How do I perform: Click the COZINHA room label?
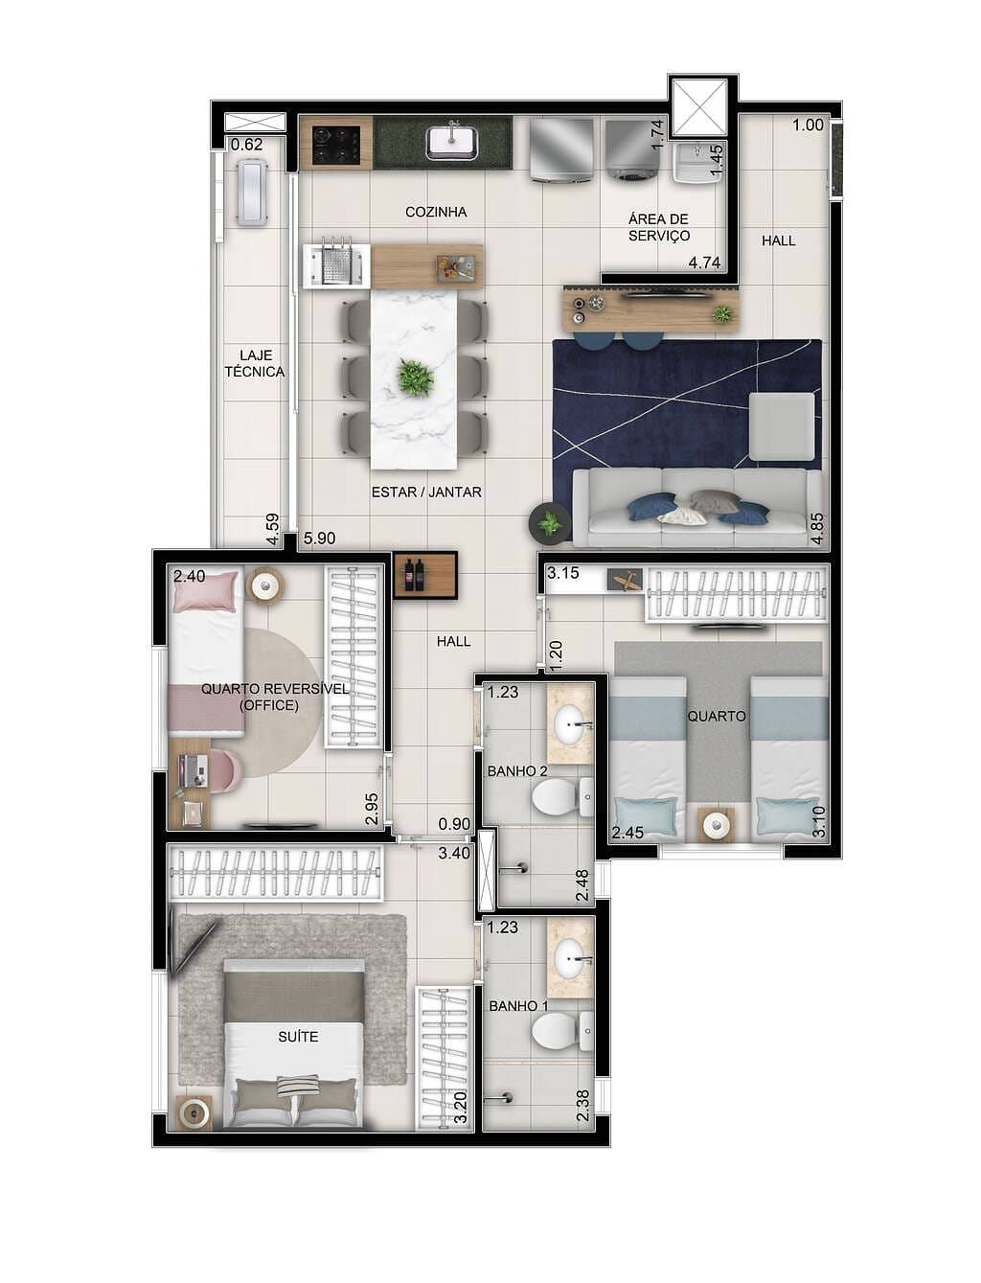(436, 212)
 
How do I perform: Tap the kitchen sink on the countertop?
(453, 143)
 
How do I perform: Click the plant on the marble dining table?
(415, 378)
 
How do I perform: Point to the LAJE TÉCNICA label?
(255, 363)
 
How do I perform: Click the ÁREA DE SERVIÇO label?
(658, 227)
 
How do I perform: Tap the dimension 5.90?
(319, 538)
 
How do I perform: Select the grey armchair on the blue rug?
(781, 426)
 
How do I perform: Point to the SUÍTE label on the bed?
(298, 1037)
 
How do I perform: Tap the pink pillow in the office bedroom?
(205, 591)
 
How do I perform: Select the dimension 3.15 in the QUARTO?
(563, 574)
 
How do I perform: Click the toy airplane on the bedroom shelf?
(625, 580)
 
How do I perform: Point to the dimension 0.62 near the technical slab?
(246, 145)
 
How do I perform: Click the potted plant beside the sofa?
(549, 523)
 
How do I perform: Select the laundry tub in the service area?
(697, 164)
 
